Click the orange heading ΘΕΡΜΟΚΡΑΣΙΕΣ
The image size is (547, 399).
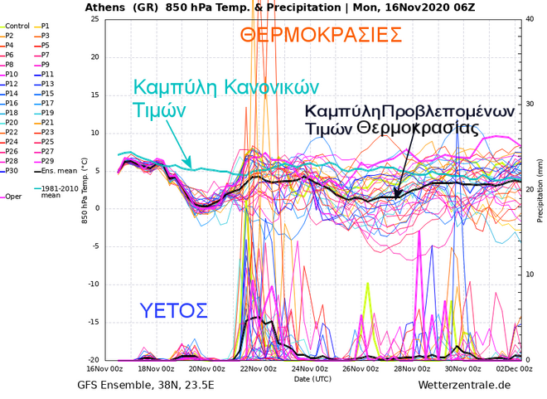point(321,36)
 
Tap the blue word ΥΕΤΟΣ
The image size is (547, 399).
point(173,311)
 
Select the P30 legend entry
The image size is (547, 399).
point(12,170)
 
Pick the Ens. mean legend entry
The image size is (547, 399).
point(55,170)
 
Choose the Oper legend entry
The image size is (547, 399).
point(14,197)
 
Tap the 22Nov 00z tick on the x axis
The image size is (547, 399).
point(258,368)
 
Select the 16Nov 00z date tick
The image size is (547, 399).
point(105,368)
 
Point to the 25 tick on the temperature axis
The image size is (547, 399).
point(94,19)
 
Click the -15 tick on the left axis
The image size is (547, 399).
point(93,322)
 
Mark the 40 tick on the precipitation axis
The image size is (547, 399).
point(529,19)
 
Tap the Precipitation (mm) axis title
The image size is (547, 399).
point(540,190)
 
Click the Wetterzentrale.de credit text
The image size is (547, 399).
point(464,385)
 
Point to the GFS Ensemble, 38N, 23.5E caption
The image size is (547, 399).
point(146,385)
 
